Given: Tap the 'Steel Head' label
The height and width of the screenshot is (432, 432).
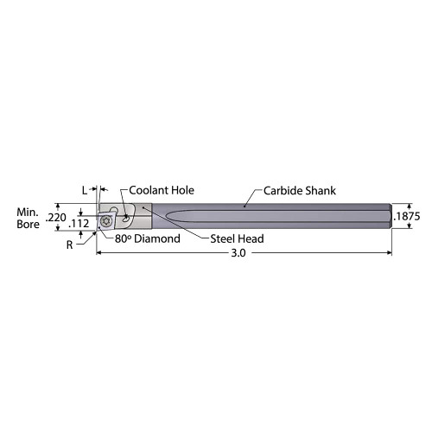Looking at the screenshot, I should pos(237,238).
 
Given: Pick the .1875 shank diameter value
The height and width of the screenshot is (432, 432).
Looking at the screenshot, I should pos(408,218).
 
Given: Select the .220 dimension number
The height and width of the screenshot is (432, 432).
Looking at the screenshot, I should pos(56,218).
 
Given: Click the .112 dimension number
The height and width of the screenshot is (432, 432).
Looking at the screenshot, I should pos(80,224).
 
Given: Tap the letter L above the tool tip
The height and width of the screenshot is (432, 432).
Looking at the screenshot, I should pos(85,189).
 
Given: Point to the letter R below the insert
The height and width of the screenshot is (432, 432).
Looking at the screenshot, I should pos(70,245).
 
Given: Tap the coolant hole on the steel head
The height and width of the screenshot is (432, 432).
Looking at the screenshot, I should pos(126,217).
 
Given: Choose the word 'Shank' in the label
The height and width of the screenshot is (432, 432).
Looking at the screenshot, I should pos(319,191).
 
